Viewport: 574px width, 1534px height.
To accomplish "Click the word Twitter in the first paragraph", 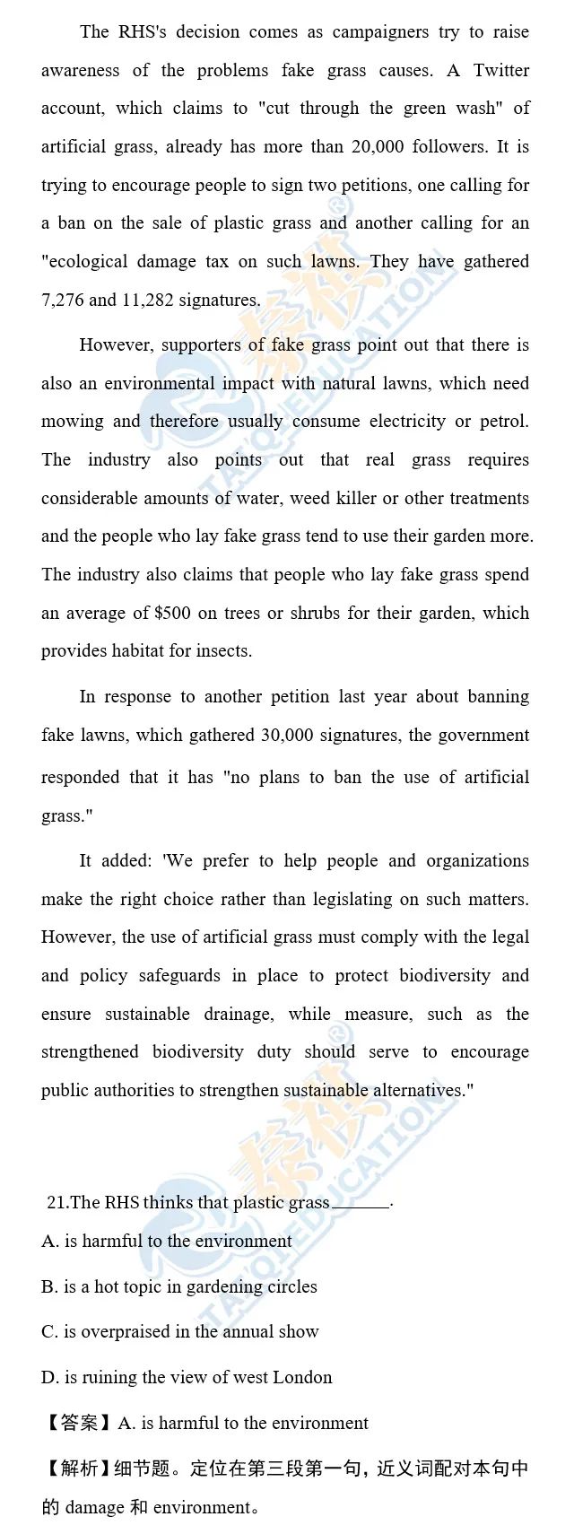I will (x=501, y=70).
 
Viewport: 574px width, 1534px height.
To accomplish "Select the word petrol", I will (x=506, y=421).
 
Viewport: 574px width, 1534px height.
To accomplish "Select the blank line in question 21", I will (x=361, y=1204).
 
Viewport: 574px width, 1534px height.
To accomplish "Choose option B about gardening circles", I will (x=179, y=1286).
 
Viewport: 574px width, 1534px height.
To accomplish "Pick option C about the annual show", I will (x=180, y=1331).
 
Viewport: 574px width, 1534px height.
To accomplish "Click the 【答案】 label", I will (x=77, y=1423).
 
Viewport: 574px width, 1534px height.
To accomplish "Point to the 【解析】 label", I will (x=77, y=1469).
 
